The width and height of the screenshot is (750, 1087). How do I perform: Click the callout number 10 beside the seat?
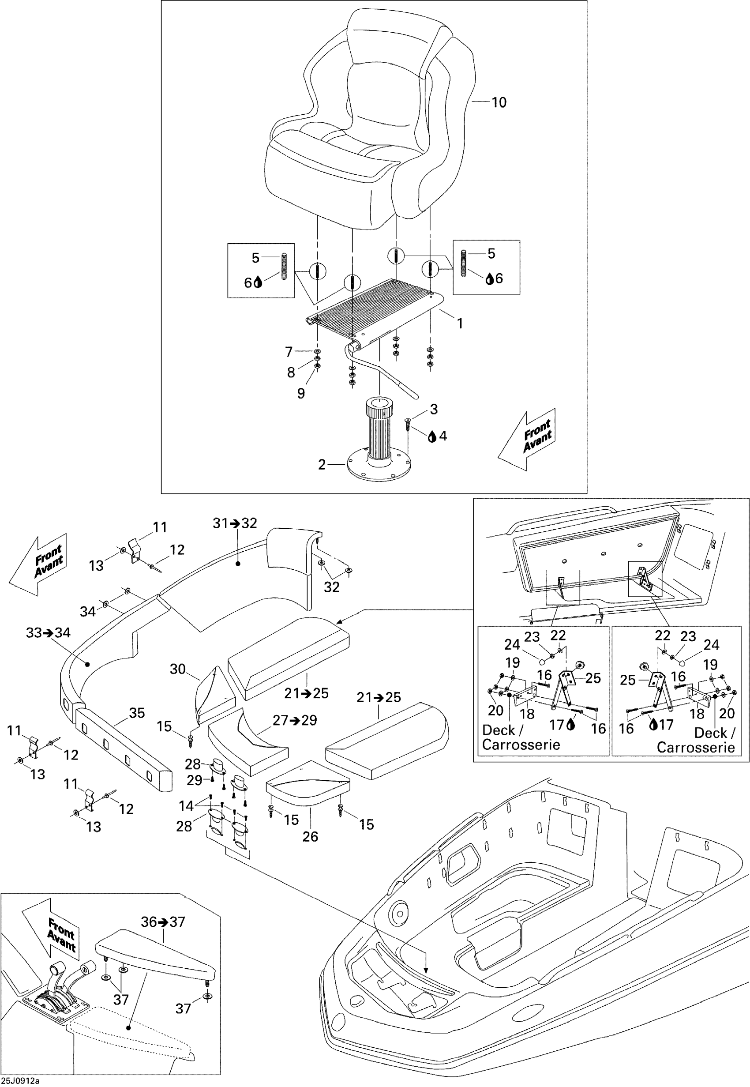coord(499,102)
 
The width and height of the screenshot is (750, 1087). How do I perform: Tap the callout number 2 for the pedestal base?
coord(322,465)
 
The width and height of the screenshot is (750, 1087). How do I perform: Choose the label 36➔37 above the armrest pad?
coord(163,922)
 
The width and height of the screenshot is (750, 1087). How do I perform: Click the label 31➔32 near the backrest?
coord(235,523)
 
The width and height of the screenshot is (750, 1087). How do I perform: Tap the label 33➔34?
coord(48,633)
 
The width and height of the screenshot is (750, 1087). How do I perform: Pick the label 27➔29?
coord(295,720)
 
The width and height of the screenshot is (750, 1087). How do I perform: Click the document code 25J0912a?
coord(20,1081)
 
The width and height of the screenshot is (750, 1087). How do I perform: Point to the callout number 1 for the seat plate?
coord(460,323)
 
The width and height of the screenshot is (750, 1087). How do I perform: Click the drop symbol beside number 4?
coord(432,437)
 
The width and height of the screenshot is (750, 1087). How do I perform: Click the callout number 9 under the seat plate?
coord(301,393)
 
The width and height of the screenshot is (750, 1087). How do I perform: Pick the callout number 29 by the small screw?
coord(195,780)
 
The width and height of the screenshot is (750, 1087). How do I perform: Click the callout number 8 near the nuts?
coord(291,372)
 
